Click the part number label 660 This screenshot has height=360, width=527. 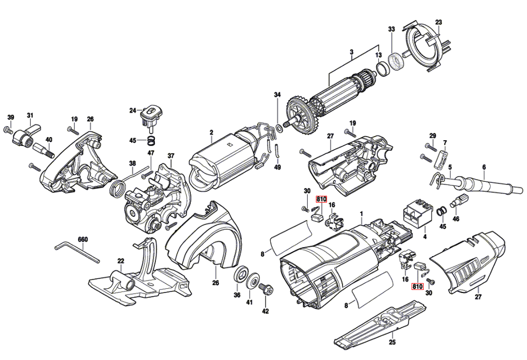(x=82, y=239)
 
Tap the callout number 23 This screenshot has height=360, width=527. (x=438, y=22)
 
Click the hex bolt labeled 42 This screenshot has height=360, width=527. (x=266, y=289)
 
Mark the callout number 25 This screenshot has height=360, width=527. (x=392, y=342)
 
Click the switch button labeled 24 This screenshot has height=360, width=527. (x=151, y=112)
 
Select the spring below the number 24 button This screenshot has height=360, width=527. (x=151, y=141)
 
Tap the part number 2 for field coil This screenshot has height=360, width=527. (x=211, y=132)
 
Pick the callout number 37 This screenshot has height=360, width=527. (x=171, y=156)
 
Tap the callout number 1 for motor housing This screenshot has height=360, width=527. (x=362, y=214)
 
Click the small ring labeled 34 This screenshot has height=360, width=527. (x=278, y=128)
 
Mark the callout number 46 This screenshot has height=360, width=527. (x=456, y=218)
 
